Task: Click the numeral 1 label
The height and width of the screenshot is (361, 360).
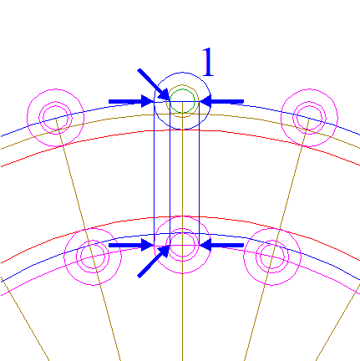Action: pos(208,62)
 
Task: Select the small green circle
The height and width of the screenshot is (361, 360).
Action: pos(182,89)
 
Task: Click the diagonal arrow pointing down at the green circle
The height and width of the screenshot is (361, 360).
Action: pos(154,84)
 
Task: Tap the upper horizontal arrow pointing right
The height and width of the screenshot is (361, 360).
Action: pos(131,101)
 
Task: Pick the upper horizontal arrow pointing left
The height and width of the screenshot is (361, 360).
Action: pos(221,101)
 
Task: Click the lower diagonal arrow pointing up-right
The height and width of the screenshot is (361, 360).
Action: pos(154,262)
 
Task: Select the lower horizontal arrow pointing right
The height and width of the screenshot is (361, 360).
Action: pos(131,245)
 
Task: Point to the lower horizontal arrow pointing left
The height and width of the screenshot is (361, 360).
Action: pos(221,245)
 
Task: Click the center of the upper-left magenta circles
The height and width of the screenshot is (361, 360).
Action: pos(56,118)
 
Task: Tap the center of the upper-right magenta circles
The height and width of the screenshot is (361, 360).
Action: pos(309,118)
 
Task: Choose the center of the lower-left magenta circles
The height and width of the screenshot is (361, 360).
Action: pos(93,257)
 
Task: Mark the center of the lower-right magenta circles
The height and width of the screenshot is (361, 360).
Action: pos(272,257)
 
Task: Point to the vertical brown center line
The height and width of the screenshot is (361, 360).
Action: pos(182,231)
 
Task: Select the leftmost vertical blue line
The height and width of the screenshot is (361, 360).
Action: pos(155,173)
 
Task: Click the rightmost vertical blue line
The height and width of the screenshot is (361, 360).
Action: pos(200,173)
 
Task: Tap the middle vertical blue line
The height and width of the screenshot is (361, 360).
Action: pos(170,173)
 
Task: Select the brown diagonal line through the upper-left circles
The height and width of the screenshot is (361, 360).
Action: pos(88,239)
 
